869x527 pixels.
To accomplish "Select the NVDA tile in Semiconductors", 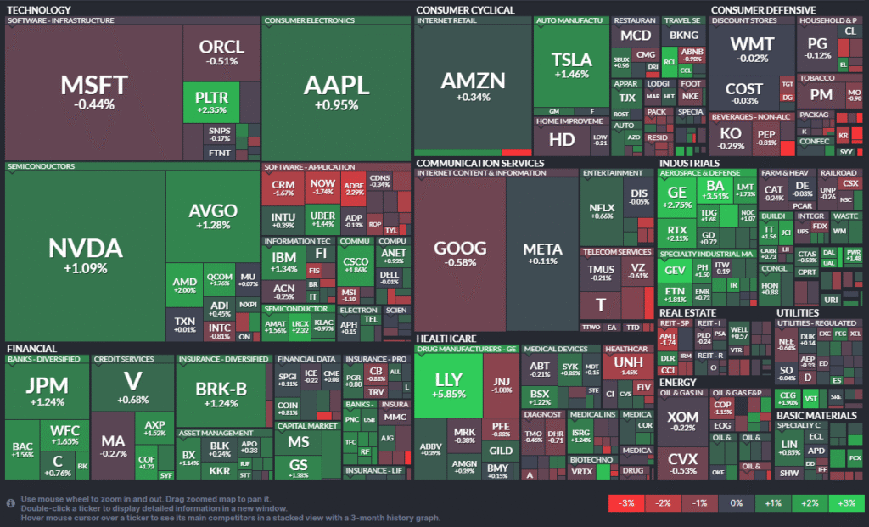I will pos(85,255).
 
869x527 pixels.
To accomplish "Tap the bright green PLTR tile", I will pos(210,102).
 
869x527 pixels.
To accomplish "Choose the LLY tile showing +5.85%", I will pos(448,386).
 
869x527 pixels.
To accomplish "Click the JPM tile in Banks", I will pos(46,390).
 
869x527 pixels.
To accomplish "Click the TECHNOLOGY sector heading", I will pos(39,9).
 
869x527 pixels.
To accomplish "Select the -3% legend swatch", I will pos(628,504).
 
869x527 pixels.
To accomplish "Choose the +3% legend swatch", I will pos(846,504).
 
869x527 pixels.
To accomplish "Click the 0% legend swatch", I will pos(737,504).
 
